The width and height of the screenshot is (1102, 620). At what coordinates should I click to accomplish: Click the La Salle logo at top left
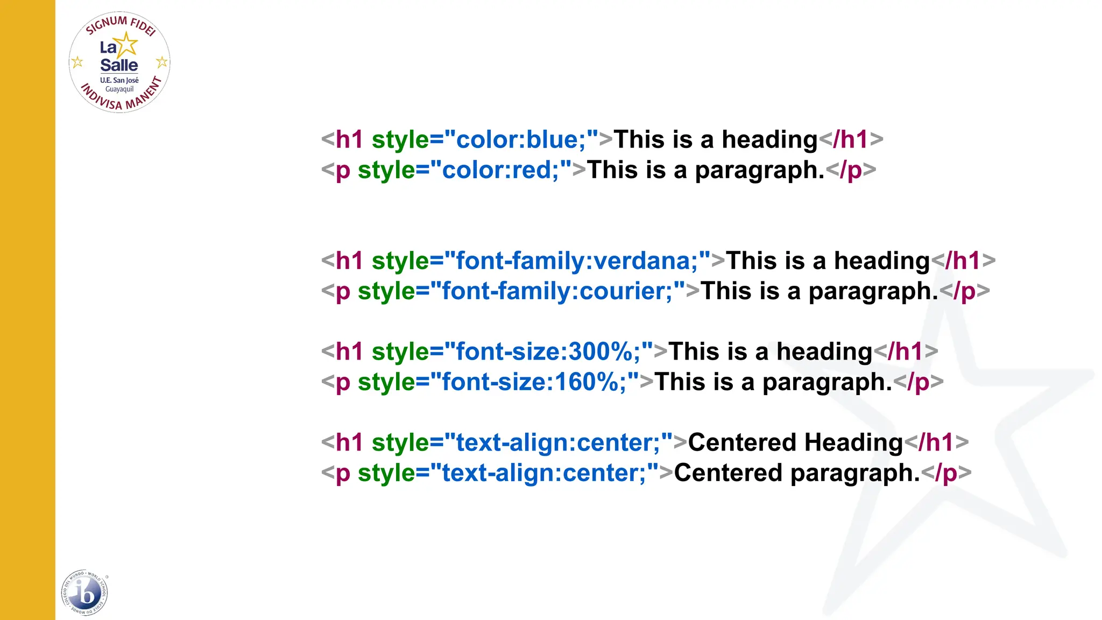point(119,62)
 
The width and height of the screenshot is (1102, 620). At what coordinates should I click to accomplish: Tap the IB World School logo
point(84,593)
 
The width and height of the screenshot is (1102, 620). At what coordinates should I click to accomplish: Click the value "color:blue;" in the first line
point(520,139)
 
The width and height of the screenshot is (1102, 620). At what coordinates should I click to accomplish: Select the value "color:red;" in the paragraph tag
point(500,170)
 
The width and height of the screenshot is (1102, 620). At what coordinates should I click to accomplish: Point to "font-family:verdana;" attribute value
point(576,261)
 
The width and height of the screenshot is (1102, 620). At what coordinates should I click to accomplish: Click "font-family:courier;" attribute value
point(557,291)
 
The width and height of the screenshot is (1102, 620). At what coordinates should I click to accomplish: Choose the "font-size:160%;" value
point(534,382)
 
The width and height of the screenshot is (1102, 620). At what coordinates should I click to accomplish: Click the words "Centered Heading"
point(795,442)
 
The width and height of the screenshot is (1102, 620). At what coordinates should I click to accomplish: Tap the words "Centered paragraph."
point(797,473)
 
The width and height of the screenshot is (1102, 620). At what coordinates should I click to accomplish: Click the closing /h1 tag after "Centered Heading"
point(936,442)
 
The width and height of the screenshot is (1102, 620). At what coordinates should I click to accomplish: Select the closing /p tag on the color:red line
point(851,170)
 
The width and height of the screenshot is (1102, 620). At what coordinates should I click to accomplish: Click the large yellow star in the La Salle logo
point(126,44)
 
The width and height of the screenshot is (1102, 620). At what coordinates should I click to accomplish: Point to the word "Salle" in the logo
point(119,65)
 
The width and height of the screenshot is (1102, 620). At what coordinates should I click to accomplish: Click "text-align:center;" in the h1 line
point(557,442)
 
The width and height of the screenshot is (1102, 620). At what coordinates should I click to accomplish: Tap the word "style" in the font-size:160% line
point(386,382)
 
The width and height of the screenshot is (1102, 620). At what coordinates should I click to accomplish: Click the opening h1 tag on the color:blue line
point(349,139)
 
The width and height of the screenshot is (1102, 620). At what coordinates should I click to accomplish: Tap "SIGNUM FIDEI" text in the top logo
point(120,24)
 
